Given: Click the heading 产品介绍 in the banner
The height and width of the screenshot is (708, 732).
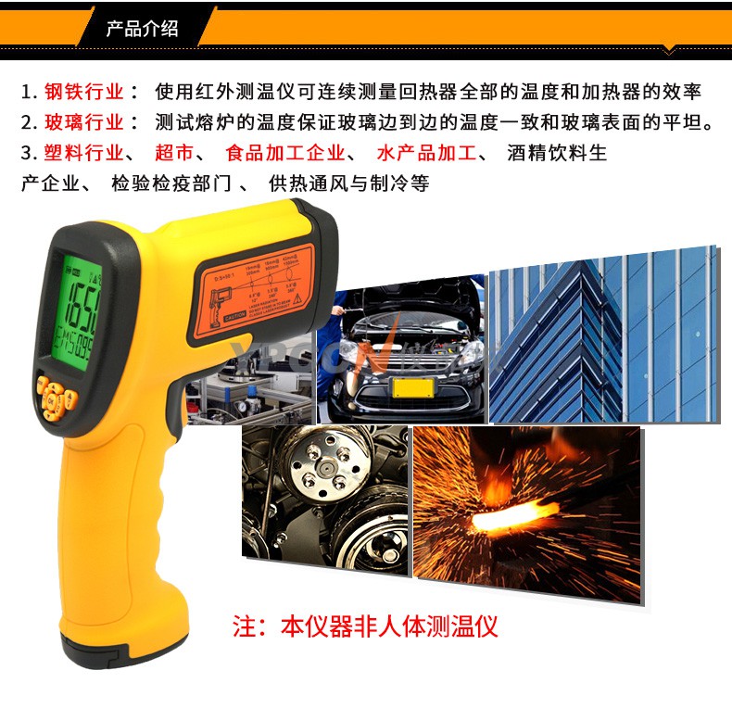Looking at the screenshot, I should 142,29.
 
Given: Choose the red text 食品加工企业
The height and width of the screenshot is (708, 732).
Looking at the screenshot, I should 285,153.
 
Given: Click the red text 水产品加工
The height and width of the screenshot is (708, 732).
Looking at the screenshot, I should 427,153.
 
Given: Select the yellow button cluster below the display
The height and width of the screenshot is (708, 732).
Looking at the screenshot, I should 57,398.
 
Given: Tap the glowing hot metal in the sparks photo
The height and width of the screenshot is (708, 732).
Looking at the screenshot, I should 514,514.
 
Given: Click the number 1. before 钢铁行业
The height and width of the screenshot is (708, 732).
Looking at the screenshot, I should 29,92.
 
